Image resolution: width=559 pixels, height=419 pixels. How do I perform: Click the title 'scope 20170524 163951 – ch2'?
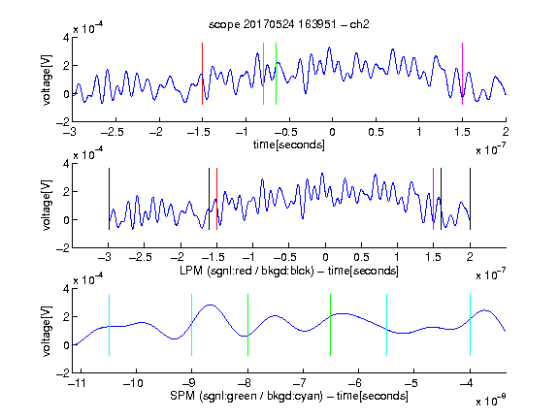(289, 24)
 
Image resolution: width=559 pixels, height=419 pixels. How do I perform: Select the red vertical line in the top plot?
(202, 74)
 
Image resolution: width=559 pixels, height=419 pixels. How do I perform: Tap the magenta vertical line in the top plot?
(462, 74)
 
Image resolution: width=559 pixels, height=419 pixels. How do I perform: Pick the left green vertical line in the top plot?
(263, 74)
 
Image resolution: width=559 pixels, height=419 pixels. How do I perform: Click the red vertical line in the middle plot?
(216, 199)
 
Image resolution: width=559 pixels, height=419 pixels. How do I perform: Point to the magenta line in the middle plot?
(433, 199)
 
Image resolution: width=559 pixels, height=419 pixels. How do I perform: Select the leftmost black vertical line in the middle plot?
(109, 199)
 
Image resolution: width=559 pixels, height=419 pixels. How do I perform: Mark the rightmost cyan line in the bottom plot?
(471, 325)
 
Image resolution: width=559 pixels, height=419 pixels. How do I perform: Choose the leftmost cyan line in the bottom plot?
(109, 325)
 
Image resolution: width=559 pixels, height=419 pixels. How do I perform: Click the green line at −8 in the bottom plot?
(247, 325)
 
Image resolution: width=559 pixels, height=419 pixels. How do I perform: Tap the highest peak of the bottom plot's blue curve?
(211, 305)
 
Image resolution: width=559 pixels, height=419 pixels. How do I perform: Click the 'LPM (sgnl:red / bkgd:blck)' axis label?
(247, 271)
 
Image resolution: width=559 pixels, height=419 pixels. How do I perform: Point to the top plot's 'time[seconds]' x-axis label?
(289, 145)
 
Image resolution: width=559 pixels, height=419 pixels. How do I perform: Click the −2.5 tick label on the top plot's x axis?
(113, 132)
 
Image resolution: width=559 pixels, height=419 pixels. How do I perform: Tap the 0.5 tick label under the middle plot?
(361, 257)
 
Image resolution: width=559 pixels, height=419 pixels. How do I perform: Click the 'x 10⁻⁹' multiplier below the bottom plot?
(490, 401)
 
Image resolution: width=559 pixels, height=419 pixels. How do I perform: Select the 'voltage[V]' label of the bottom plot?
(46, 331)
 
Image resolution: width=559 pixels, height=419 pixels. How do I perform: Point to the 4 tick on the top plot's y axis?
(66, 38)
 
